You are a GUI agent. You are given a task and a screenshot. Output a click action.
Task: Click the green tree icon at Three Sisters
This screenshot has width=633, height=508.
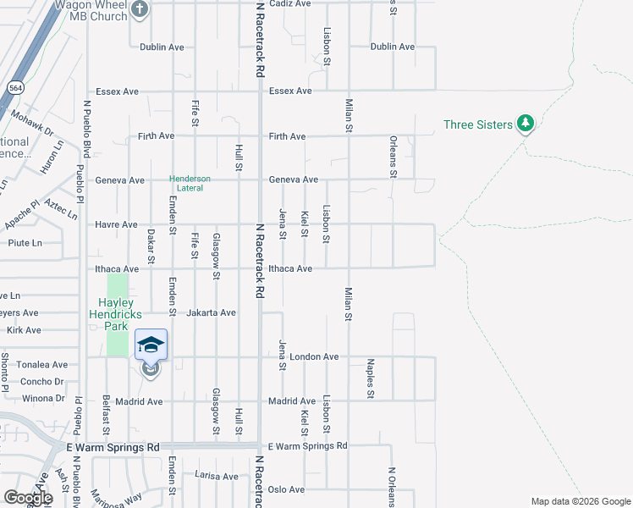tap(526, 124)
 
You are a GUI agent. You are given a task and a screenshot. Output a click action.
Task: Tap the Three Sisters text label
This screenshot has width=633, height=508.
tap(477, 125)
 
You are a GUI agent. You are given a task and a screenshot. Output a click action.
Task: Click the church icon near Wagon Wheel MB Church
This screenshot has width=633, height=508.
tap(140, 9)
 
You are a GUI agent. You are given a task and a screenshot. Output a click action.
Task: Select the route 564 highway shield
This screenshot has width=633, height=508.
tap(15, 88)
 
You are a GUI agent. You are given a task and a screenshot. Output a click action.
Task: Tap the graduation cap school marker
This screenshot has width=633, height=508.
tap(151, 345)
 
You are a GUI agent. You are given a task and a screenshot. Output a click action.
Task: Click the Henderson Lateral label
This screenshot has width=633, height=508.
tap(190, 184)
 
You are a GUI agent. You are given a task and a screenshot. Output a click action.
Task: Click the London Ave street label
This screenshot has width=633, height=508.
tap(314, 356)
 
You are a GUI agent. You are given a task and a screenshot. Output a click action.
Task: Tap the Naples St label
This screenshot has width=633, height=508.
tap(371, 378)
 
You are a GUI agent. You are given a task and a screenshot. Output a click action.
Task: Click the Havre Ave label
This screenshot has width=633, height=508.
tap(118, 224)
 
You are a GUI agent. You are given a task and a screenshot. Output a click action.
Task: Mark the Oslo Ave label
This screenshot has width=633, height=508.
tap(286, 489)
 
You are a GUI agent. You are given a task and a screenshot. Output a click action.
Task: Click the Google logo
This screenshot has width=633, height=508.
tap(28, 498)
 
